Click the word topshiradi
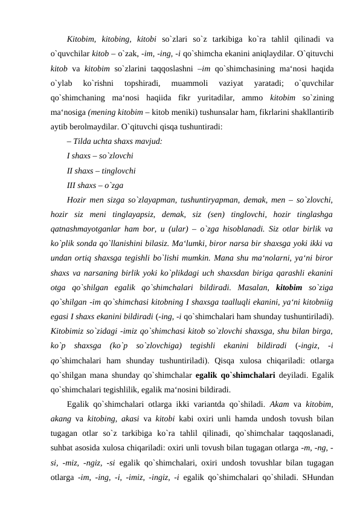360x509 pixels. (x=141, y=82)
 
